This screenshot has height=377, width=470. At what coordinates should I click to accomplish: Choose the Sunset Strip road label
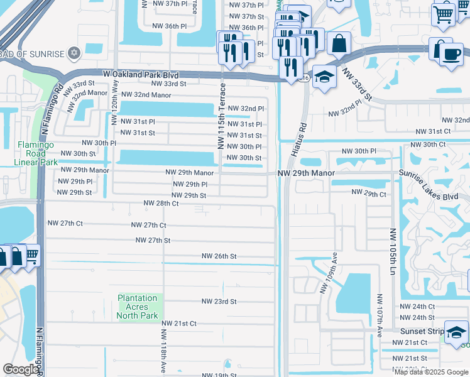[x=421, y=331]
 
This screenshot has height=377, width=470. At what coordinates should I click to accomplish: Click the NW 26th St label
[x=219, y=256]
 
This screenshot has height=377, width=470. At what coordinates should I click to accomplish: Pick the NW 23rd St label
[x=219, y=302]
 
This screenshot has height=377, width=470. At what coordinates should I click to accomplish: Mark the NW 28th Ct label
[x=161, y=203]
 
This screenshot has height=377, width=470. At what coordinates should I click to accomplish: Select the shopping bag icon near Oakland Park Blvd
[x=339, y=43]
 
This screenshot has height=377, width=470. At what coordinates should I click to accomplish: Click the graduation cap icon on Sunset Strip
[x=456, y=331]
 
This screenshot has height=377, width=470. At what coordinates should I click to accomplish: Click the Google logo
[x=21, y=369]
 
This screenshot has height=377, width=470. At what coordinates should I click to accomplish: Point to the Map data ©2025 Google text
[x=430, y=372]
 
